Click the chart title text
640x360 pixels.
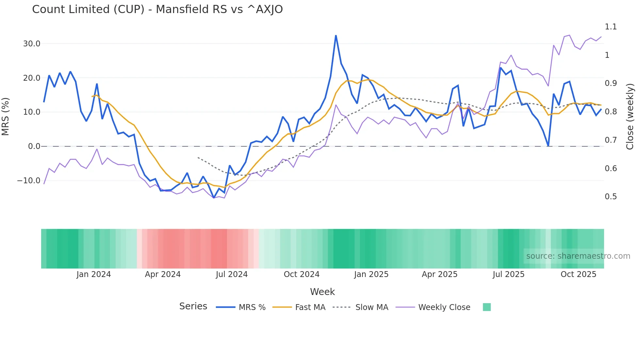point(157,9)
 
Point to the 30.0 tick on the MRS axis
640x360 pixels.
point(32,44)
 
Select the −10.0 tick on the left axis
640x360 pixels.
point(29,181)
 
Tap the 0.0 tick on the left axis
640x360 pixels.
point(34,146)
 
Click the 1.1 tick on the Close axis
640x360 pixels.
point(611,27)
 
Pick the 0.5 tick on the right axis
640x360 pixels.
point(611,197)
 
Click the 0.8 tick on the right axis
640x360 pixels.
point(611,112)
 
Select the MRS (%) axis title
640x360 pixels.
point(6,116)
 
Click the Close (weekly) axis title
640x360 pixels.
point(630,116)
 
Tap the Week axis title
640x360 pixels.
point(322,292)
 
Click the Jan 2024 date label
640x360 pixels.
point(94,274)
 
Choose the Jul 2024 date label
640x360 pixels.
point(232,274)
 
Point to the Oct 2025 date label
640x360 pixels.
point(578,274)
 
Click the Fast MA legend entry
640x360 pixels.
point(310,307)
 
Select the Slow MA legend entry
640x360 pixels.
point(372,307)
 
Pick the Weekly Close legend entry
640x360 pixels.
point(444,307)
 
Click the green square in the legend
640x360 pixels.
point(487,307)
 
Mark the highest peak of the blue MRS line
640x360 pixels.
point(336,36)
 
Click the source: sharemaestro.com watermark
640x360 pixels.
point(578,256)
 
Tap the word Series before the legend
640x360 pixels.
point(193,306)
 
